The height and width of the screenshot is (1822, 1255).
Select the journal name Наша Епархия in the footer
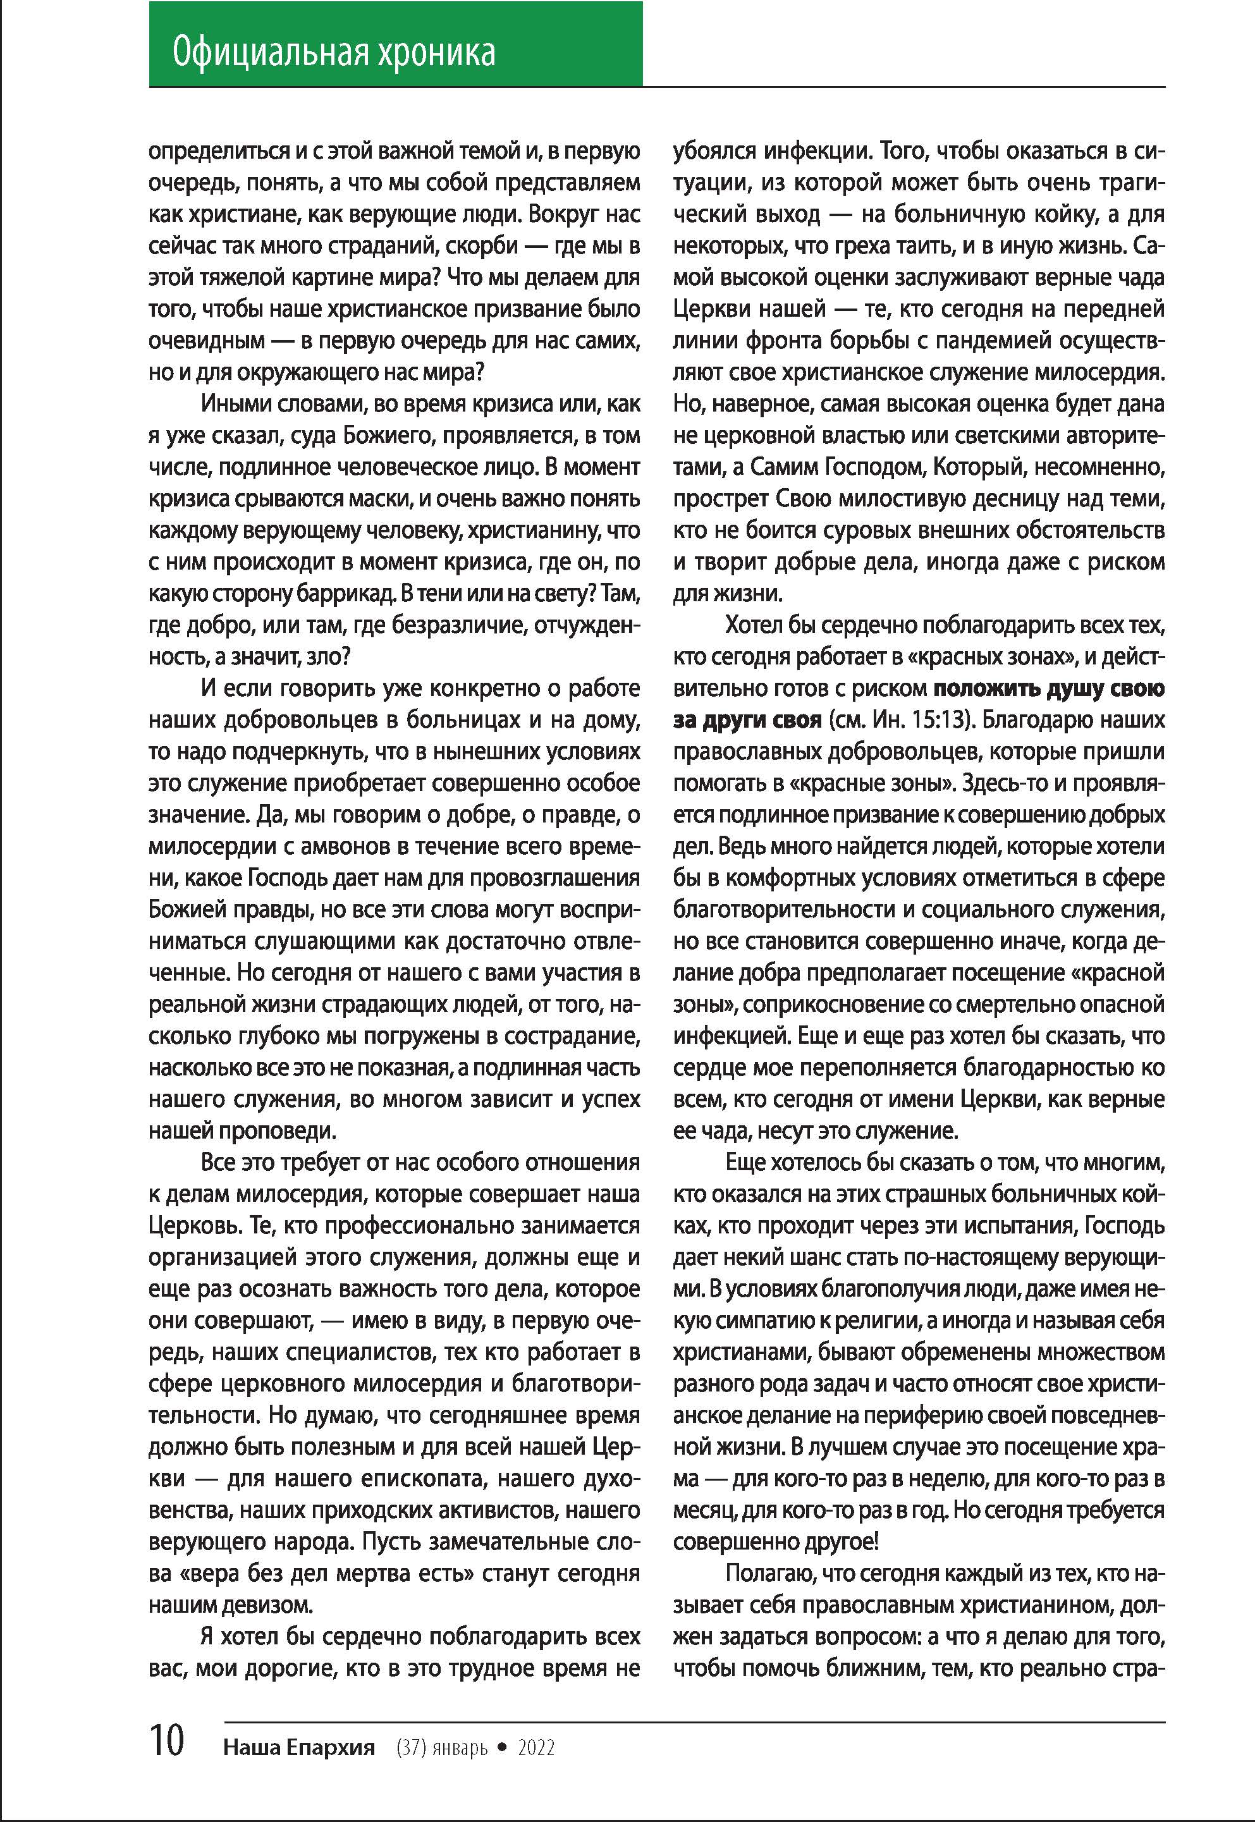[x=299, y=1747]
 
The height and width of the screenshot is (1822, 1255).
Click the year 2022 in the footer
[x=536, y=1747]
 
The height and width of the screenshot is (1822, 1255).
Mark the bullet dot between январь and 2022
[x=503, y=1747]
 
